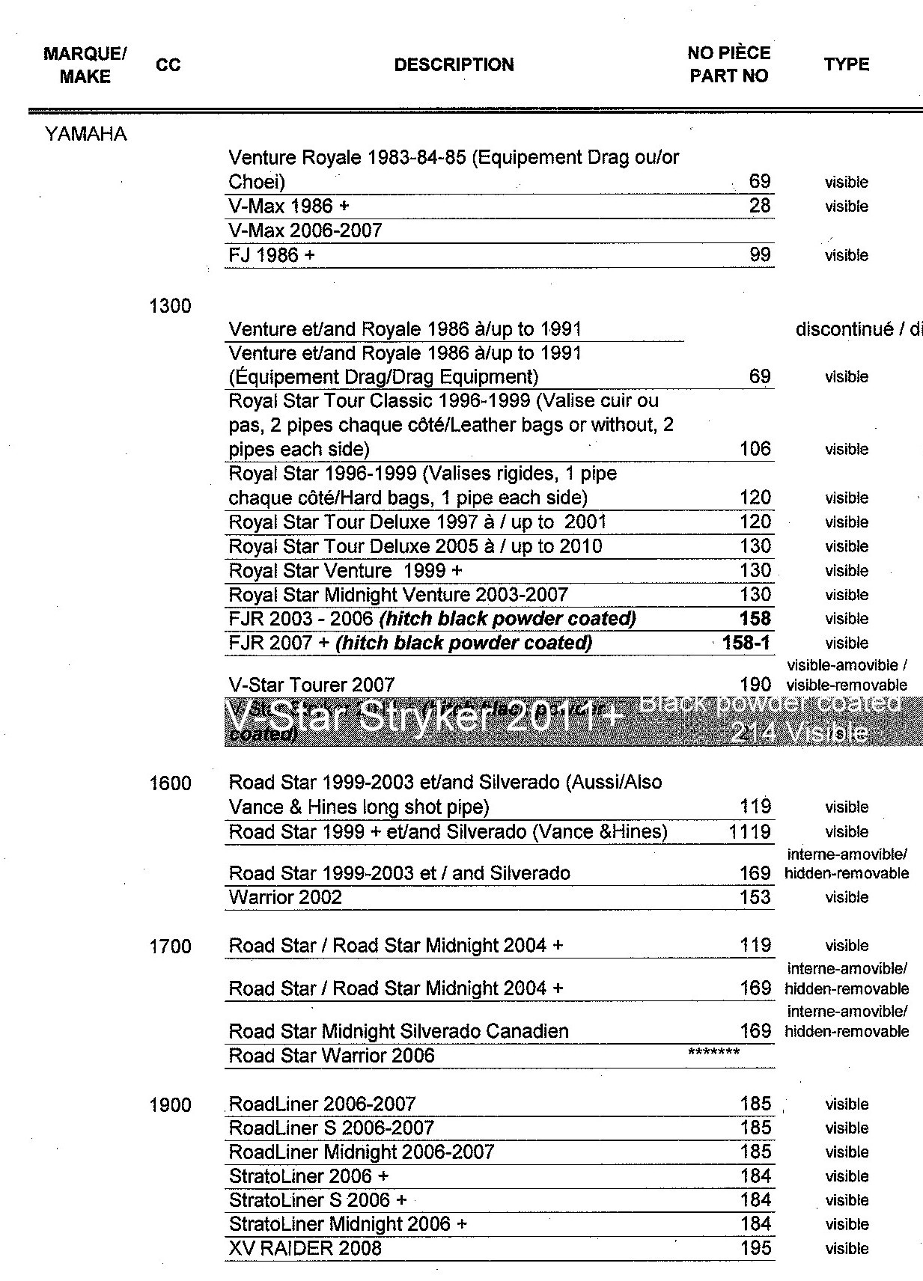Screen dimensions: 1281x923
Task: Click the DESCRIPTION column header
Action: click(454, 65)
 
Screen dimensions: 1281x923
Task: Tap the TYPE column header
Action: click(846, 65)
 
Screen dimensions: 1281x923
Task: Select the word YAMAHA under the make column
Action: click(85, 135)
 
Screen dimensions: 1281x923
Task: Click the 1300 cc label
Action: click(170, 306)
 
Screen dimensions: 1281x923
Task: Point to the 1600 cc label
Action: click(170, 784)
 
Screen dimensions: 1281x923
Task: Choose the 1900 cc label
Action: click(170, 1105)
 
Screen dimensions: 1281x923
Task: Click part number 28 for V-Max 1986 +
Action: click(759, 206)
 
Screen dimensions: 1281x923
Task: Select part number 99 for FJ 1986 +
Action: click(759, 255)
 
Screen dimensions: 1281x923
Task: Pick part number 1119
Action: click(749, 831)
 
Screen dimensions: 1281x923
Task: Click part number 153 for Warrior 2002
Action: click(755, 897)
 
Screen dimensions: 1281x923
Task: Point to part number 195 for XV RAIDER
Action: click(755, 1248)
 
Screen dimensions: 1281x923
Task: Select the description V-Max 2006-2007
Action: click(305, 230)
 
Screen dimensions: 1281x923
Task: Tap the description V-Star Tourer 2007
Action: click(311, 685)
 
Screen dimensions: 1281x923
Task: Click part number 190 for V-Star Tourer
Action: click(755, 685)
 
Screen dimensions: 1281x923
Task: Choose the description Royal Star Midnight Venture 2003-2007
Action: click(398, 595)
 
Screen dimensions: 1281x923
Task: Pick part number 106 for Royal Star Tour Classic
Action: click(755, 449)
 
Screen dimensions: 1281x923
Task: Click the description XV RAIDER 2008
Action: click(305, 1248)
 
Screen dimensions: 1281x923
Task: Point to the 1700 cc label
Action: click(170, 947)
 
